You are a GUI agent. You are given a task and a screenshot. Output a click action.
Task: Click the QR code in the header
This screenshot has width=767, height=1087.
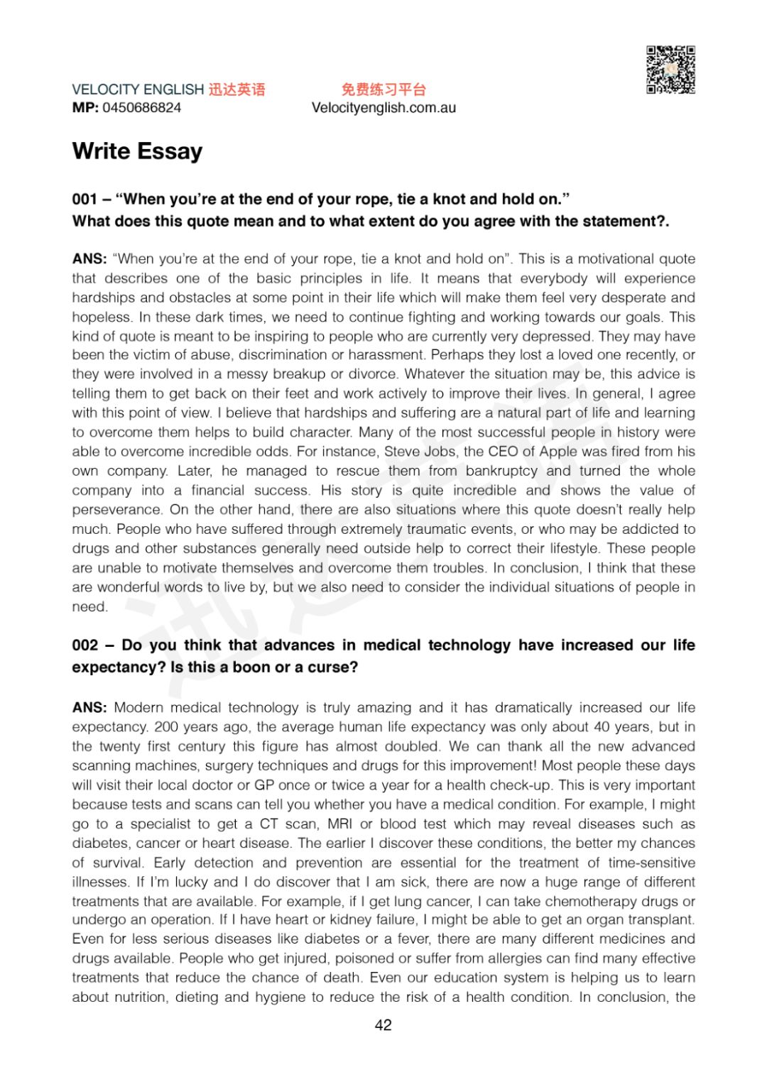point(670,70)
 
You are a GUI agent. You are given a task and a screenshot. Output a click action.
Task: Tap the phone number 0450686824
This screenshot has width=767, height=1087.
point(142,108)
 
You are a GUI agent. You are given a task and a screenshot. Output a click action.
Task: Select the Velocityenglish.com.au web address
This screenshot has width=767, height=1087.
point(383,108)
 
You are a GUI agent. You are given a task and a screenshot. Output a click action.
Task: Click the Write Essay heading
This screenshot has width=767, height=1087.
point(137,151)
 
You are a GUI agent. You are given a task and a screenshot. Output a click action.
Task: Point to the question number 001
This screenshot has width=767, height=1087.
point(85,200)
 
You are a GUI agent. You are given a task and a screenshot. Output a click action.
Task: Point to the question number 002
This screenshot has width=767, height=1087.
point(85,645)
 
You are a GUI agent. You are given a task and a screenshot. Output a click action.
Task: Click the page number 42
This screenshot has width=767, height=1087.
point(383,1025)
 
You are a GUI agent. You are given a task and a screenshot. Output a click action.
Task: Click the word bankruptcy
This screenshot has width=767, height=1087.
point(501,471)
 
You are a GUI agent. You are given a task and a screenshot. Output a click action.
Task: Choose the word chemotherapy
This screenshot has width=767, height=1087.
point(594,901)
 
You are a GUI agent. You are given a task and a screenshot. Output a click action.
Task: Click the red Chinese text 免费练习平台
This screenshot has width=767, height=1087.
point(383,89)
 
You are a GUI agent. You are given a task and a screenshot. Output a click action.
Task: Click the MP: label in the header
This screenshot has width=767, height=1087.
point(85,108)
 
